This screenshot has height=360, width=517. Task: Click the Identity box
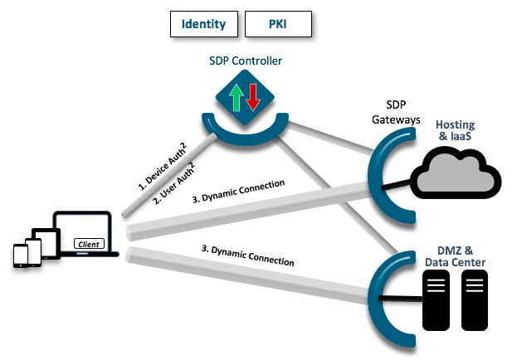click(x=203, y=24)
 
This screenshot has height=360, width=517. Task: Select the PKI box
click(x=278, y=24)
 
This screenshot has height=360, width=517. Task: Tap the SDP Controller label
click(x=245, y=62)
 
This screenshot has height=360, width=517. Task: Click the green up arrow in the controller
click(x=236, y=96)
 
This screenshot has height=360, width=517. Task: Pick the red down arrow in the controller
click(x=253, y=96)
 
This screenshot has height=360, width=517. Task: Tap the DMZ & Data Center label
click(x=455, y=256)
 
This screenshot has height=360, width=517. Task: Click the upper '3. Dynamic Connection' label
click(x=237, y=190)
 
